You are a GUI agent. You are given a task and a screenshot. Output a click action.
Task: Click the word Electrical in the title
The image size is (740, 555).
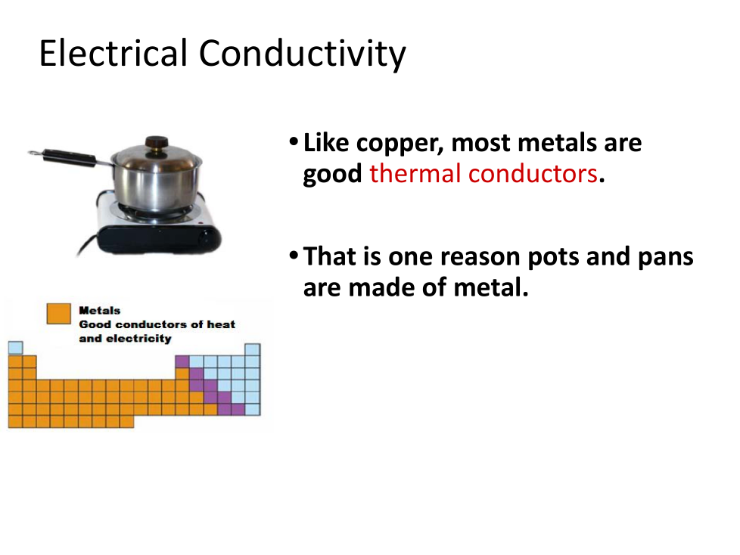[x=113, y=53]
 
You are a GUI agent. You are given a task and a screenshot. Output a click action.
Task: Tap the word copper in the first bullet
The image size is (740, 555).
[x=400, y=144]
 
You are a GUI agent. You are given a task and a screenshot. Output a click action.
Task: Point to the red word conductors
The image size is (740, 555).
[x=533, y=173]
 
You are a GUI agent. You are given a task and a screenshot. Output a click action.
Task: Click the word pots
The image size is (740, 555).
[x=553, y=259]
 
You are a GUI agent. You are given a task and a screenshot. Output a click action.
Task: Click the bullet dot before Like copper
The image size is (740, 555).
[x=294, y=141]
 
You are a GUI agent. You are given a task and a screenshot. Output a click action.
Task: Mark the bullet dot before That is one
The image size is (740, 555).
[x=294, y=256]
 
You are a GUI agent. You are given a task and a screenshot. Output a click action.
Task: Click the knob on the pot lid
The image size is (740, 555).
[x=156, y=142]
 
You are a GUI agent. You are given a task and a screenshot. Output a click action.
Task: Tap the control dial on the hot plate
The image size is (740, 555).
[x=207, y=237]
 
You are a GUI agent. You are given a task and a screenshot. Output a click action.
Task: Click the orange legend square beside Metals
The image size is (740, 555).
[x=59, y=313]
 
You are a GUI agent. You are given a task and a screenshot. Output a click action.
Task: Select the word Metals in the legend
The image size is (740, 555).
[x=100, y=310]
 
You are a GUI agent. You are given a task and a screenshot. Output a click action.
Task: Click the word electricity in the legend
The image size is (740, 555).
[x=138, y=339]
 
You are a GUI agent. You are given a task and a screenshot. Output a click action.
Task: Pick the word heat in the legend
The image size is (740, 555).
[x=221, y=324]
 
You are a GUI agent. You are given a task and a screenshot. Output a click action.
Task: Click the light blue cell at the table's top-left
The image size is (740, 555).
[x=16, y=348]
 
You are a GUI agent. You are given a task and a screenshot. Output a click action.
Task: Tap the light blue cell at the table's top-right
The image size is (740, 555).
[x=253, y=350]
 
